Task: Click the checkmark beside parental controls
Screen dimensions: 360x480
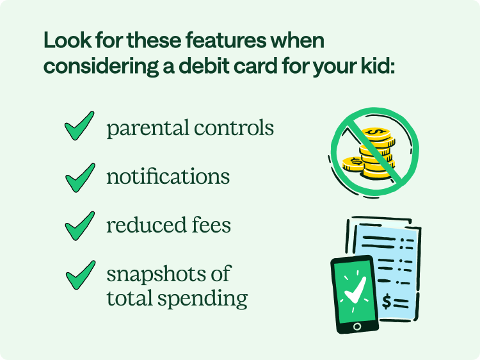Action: [79, 126]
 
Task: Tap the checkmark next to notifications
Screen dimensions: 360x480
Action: [79, 176]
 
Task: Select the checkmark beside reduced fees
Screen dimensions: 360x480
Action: [79, 225]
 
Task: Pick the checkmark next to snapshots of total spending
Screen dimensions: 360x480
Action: [79, 275]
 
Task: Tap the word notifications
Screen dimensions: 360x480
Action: [168, 176]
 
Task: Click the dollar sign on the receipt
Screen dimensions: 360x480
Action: [387, 302]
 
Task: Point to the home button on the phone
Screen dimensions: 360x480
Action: [357, 326]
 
